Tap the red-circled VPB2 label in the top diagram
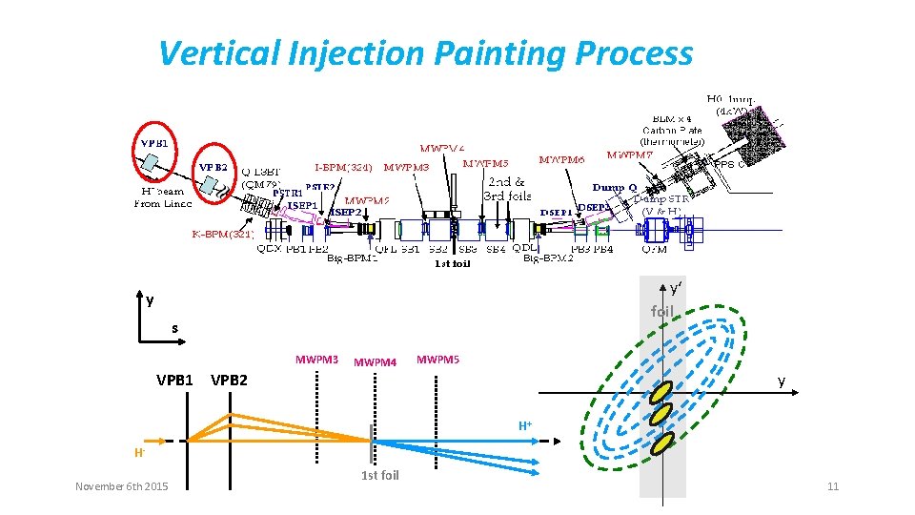tap(213, 166)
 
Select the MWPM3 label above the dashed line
tap(316, 360)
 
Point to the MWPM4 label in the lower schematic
tap(375, 362)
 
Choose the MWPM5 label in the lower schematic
tap(437, 360)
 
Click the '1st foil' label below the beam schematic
tap(380, 475)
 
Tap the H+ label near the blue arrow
tap(525, 424)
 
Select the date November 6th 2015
tap(122, 487)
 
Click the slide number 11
tap(833, 487)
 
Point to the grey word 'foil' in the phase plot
tap(661, 311)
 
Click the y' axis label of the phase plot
tap(675, 288)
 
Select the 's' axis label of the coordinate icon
tap(174, 329)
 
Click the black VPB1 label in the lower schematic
tap(174, 381)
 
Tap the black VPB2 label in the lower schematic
tap(229, 381)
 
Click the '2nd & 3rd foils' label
tap(506, 189)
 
